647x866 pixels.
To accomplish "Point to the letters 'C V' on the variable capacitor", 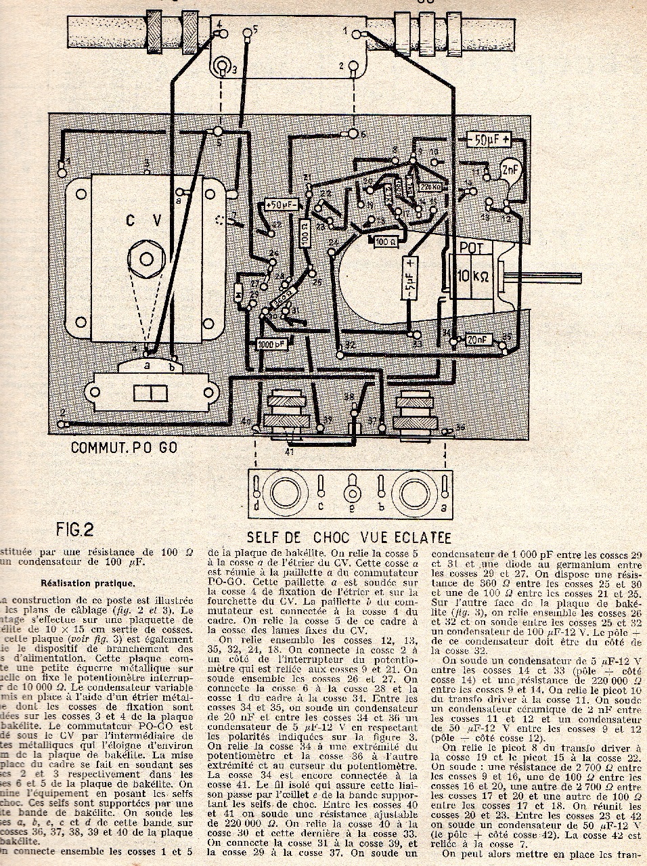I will pyautogui.click(x=143, y=221).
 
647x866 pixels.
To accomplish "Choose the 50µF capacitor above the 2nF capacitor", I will pyautogui.click(x=487, y=142).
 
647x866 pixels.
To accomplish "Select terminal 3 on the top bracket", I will pyautogui.click(x=221, y=66).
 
